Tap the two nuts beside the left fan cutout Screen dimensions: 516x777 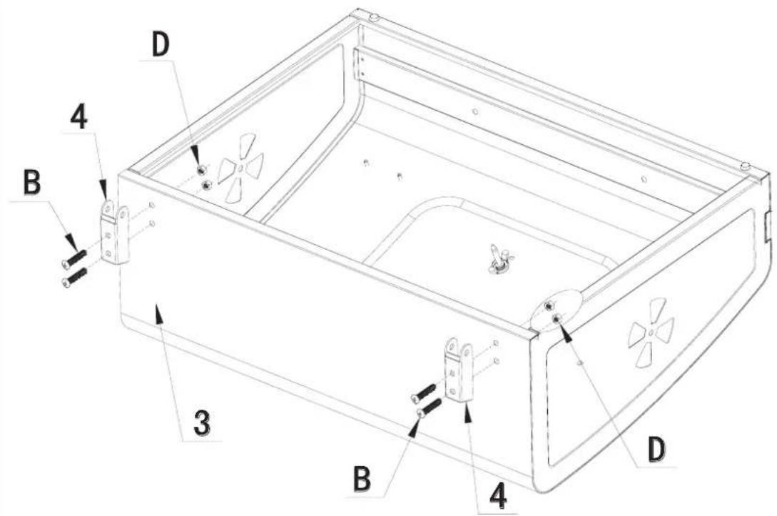coord(205,177)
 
